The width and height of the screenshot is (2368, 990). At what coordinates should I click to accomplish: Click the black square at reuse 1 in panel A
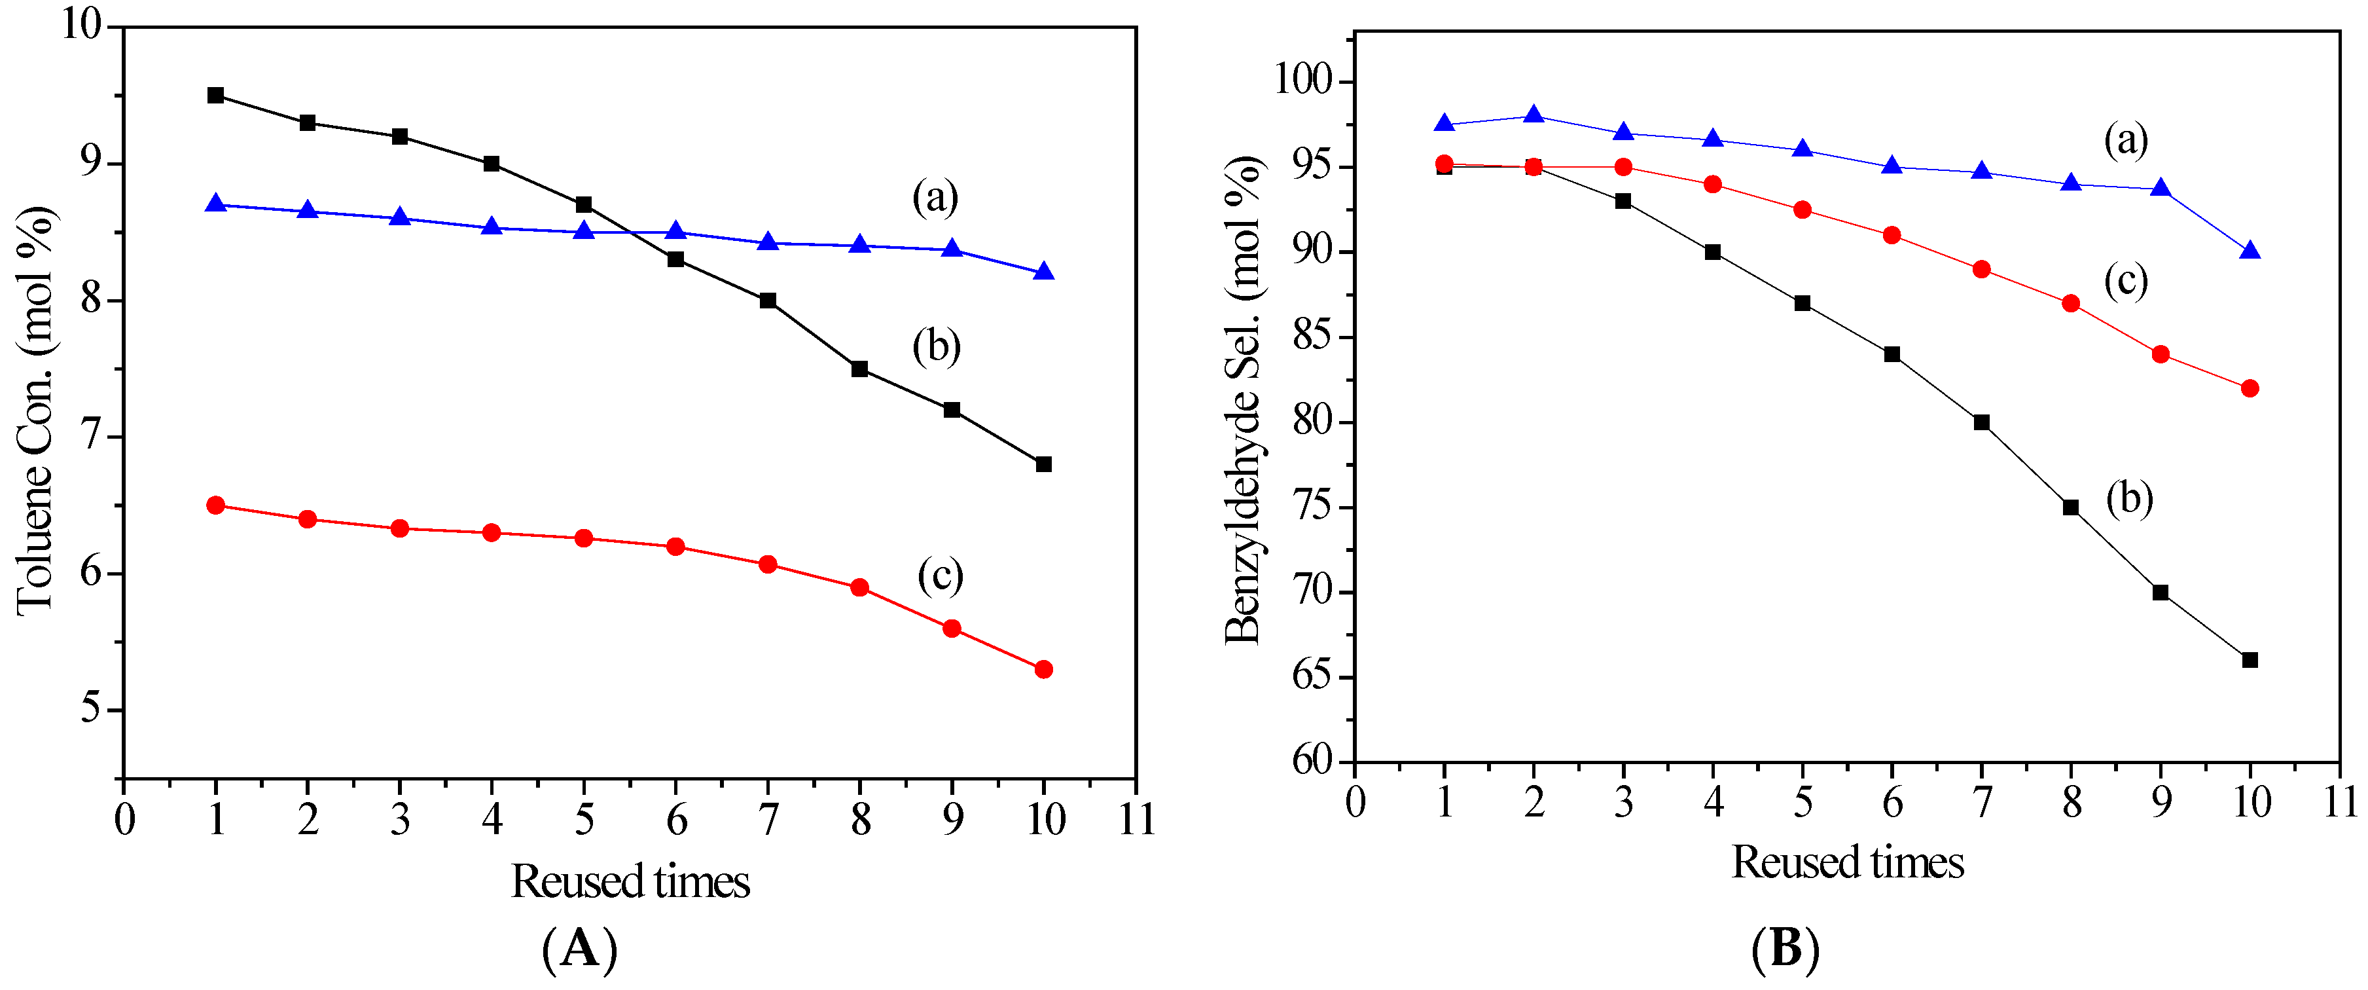(216, 96)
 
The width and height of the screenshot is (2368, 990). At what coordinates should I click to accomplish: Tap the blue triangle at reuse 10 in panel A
(1043, 272)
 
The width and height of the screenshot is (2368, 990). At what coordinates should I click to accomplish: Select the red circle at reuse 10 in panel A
(1043, 669)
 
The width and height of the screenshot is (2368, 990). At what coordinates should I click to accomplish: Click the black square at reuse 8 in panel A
(859, 369)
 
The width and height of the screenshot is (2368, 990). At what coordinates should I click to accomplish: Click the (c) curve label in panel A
(939, 576)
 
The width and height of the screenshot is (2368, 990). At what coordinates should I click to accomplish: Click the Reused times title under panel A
(630, 881)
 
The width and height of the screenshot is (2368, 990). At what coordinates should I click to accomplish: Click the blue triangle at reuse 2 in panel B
(1534, 115)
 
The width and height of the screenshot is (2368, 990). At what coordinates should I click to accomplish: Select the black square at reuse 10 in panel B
(2250, 660)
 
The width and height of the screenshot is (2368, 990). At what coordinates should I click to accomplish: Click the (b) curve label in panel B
(2130, 499)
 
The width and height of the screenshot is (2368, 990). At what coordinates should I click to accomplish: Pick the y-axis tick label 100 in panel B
(1302, 81)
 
